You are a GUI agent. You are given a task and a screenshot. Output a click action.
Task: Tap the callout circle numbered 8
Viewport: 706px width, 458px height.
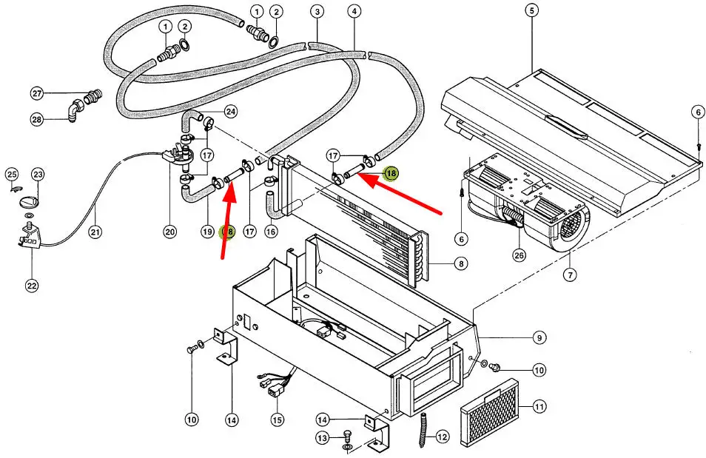461,263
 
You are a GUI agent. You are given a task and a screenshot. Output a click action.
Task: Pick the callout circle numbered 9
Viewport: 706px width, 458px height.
539,338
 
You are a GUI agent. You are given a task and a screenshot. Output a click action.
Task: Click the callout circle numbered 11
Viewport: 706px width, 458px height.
539,406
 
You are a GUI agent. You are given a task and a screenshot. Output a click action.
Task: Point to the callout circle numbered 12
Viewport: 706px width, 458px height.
443,437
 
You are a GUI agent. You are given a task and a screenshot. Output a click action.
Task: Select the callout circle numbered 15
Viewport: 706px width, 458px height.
277,420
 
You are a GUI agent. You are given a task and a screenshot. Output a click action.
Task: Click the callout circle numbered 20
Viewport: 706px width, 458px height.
170,232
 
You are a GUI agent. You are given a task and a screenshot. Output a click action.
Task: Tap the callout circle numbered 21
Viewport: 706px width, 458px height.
95,232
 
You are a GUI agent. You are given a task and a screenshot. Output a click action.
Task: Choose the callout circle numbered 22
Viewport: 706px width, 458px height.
33,286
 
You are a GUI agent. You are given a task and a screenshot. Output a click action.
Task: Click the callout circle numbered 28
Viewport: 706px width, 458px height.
37,120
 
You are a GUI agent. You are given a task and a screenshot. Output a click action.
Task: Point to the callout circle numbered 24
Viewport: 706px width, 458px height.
231,112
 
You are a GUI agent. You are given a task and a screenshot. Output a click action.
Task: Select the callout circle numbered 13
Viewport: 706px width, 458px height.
321,439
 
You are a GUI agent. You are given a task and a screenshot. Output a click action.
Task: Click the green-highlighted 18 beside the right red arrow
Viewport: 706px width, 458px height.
390,173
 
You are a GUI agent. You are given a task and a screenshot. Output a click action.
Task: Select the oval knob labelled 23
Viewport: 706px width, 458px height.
29,201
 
